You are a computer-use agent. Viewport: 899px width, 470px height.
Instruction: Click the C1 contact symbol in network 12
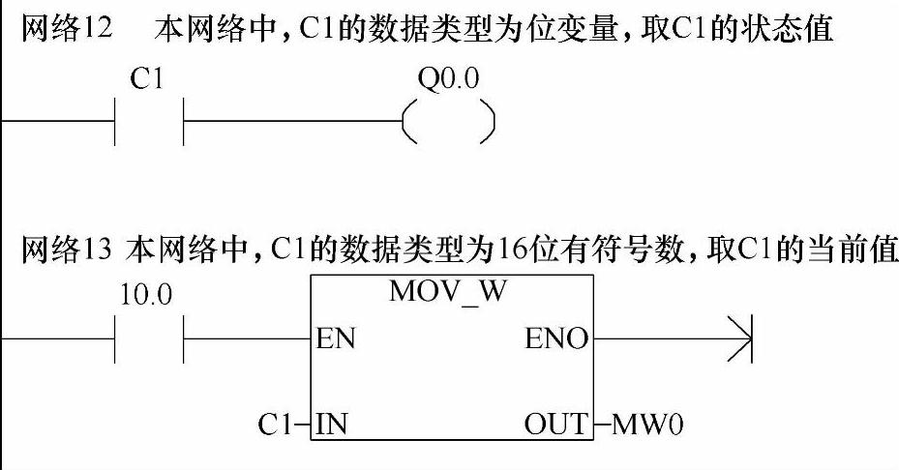click(149, 122)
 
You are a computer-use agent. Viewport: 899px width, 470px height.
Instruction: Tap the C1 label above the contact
click(148, 79)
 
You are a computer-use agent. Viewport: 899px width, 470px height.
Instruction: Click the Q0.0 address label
click(448, 79)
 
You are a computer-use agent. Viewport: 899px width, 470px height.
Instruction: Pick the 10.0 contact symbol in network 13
click(149, 338)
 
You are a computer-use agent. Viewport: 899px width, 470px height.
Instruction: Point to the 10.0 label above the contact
click(145, 296)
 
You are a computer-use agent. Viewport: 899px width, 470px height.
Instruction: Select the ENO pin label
click(556, 339)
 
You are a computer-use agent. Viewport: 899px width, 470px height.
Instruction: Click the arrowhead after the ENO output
click(739, 338)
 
